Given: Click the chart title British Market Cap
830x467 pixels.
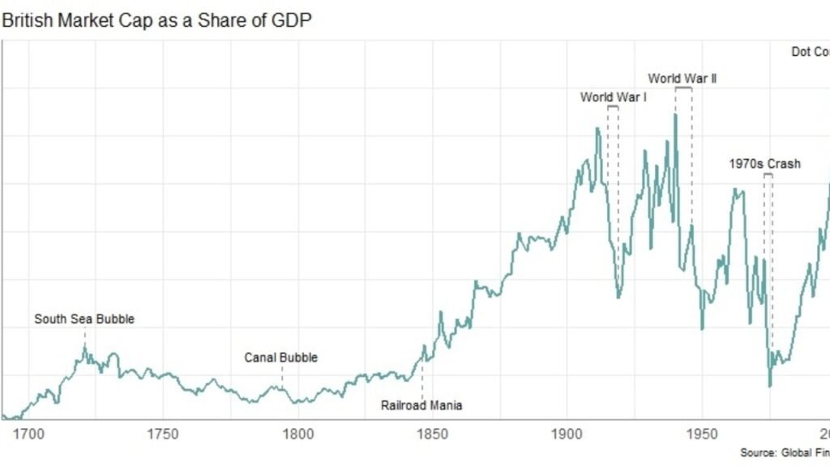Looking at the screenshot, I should click(x=156, y=19).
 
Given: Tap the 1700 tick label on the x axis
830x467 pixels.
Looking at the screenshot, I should click(x=28, y=434).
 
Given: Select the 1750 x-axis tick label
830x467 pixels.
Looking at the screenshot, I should click(x=163, y=434).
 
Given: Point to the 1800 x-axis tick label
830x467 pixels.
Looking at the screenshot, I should click(x=298, y=434).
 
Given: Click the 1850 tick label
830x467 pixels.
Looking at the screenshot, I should click(x=433, y=434).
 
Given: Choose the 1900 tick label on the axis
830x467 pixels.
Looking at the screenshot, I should click(x=567, y=434).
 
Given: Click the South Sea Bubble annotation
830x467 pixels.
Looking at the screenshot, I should click(x=84, y=319).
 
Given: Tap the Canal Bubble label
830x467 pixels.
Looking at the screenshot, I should click(x=281, y=358).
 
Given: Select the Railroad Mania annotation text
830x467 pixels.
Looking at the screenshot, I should click(x=421, y=405).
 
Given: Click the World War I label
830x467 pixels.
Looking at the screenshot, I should click(x=613, y=97).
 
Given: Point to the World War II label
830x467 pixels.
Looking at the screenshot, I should click(x=682, y=79).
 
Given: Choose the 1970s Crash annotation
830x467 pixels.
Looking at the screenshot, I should click(x=764, y=164).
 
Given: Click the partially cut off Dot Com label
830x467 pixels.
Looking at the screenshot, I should click(x=810, y=52).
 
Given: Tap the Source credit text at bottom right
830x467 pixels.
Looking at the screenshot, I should click(x=784, y=452).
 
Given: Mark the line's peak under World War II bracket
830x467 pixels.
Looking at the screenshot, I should click(x=675, y=114).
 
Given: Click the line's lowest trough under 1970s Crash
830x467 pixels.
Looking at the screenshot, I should click(x=769, y=386).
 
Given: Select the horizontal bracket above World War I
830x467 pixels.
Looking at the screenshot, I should click(x=613, y=106).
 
